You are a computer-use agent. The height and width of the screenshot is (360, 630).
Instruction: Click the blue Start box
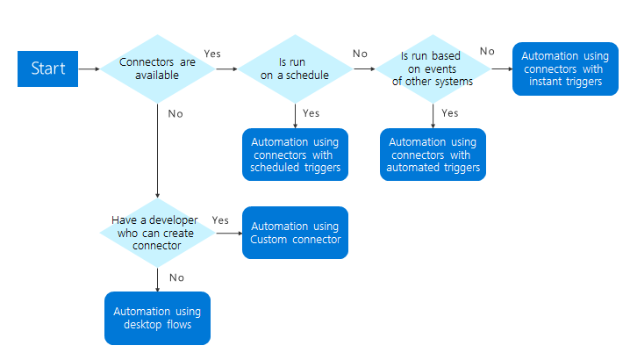pos(47,68)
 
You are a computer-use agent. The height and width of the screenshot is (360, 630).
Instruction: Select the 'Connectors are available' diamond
pos(157,68)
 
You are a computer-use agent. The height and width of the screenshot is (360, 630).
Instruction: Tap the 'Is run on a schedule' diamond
pos(296,68)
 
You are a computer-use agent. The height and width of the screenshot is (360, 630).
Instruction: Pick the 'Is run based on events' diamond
pos(433,68)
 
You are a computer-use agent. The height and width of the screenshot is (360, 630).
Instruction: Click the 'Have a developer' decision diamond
pos(157,233)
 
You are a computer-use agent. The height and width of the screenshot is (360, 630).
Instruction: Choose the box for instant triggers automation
pos(566,68)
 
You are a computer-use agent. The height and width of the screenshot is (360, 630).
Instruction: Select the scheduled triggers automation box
pos(296,155)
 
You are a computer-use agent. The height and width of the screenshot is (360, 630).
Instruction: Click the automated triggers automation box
pos(433,155)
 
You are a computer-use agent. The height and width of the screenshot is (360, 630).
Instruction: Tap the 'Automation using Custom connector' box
pos(296,233)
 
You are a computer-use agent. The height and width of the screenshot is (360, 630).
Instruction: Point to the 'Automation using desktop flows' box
pos(157,318)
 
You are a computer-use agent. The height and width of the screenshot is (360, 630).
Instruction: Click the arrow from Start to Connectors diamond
pos(89,68)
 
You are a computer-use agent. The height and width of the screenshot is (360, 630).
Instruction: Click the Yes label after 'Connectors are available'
pos(212,54)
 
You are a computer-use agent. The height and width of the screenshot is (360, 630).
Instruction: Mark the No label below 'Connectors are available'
pos(175,112)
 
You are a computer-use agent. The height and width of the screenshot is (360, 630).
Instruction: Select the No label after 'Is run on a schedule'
pos(361,54)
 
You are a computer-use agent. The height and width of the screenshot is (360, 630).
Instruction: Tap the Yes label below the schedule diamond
pos(311,112)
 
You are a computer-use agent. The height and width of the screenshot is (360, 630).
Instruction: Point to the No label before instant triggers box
pos(487,51)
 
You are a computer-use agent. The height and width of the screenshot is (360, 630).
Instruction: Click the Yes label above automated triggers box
pos(449,112)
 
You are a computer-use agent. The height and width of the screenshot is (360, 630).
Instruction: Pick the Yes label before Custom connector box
pos(221,220)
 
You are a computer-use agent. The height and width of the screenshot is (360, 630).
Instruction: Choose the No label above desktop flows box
pos(175,277)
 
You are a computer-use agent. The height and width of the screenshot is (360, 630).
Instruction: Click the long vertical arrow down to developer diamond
pos(157,149)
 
